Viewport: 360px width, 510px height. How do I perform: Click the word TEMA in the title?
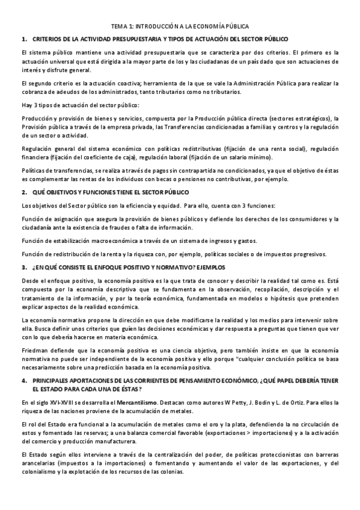(x=120, y=27)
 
